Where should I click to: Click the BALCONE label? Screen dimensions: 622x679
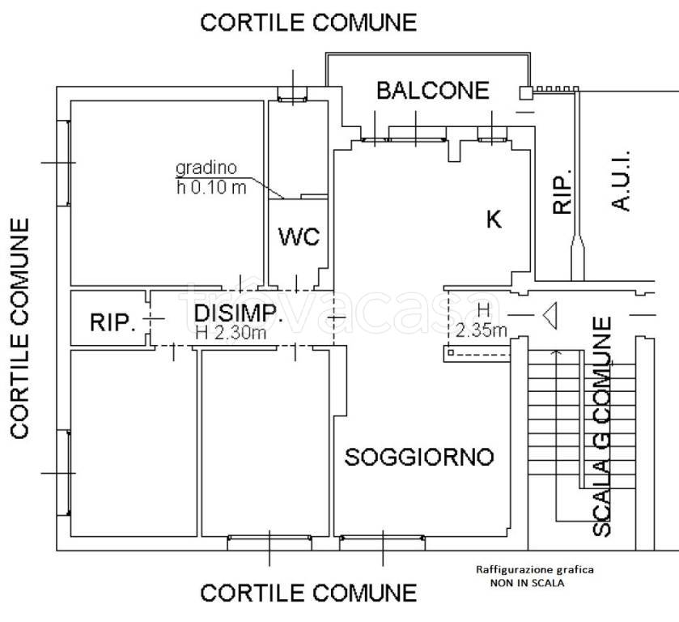433,90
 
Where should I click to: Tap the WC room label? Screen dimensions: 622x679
299,237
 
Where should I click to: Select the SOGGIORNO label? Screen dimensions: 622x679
419,457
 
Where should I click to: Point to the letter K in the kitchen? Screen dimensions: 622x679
493,219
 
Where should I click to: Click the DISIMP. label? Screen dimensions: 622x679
238,314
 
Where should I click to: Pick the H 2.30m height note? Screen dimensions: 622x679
231,331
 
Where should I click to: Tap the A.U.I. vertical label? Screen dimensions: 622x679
621,181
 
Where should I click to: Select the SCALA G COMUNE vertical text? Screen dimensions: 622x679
602,427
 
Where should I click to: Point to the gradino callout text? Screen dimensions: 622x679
206,169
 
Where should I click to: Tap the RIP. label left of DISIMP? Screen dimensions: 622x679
112,322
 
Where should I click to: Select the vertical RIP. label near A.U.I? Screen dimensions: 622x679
563,191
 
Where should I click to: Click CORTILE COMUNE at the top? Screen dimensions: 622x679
308,22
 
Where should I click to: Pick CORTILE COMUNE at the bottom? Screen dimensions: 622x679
308,593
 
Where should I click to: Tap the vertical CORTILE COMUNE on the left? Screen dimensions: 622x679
21,327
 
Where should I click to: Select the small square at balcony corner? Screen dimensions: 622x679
525,93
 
